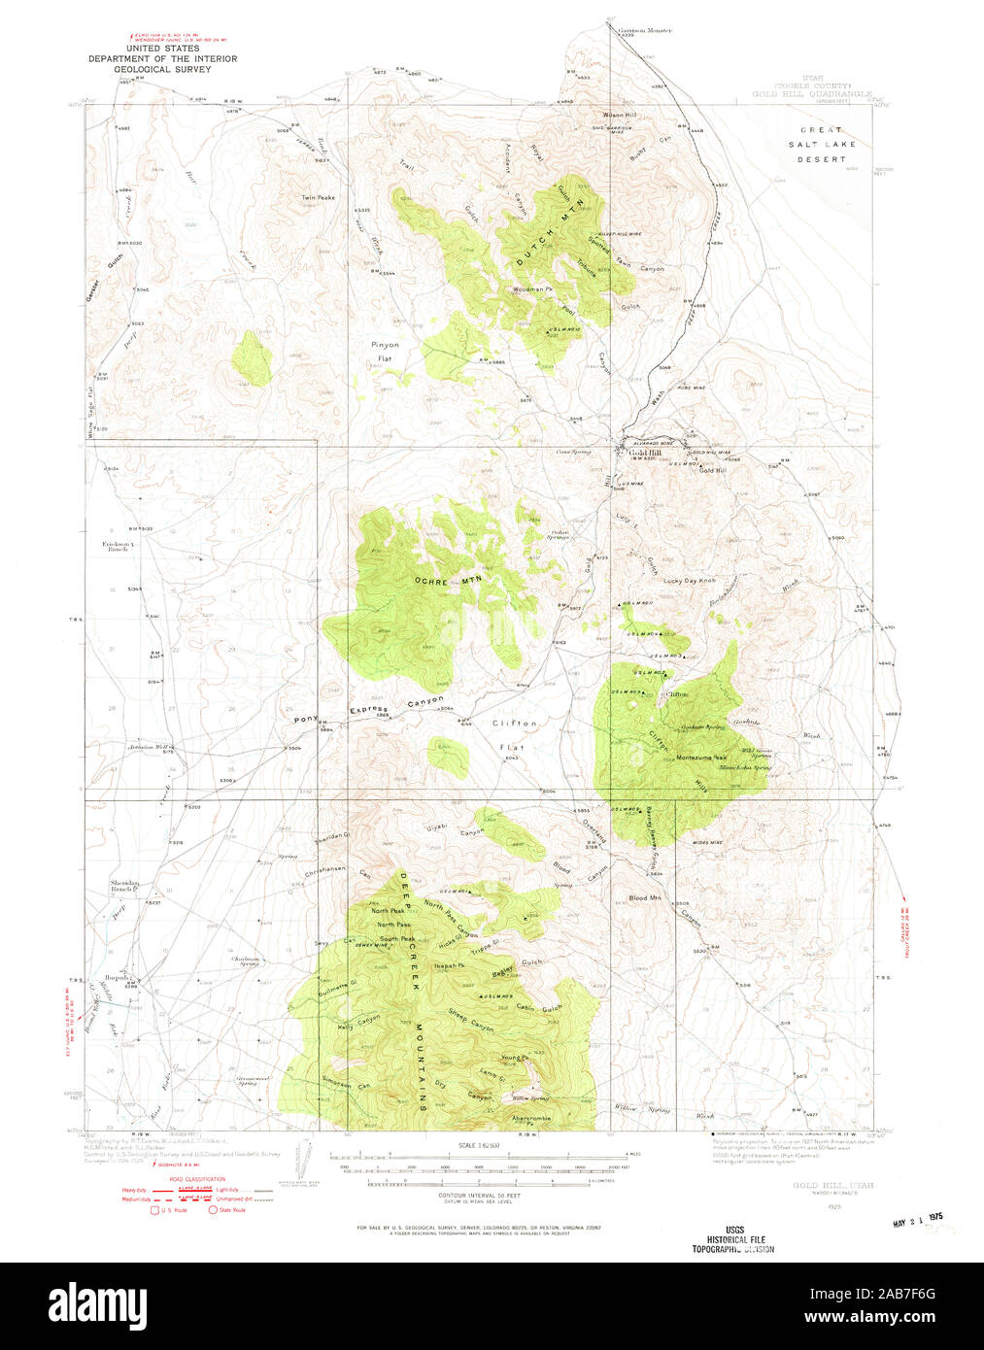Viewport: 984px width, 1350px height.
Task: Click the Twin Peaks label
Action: (x=318, y=197)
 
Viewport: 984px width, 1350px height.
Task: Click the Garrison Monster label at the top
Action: (x=646, y=30)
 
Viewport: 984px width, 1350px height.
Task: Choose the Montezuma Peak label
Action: (x=701, y=758)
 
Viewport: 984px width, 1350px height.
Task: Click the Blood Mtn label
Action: (x=645, y=898)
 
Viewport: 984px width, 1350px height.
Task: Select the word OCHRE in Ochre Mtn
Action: (x=433, y=581)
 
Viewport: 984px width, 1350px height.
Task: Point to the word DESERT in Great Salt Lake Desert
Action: (x=822, y=158)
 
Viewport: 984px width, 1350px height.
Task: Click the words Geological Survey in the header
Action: (x=162, y=70)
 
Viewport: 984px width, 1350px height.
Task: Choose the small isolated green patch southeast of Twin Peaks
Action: (x=253, y=356)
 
